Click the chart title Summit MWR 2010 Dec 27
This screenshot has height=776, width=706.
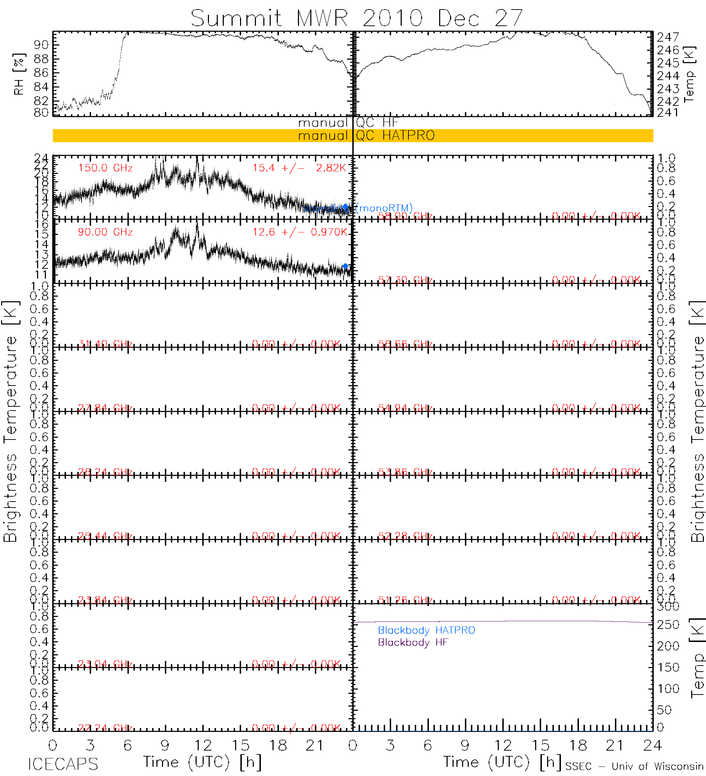click(x=357, y=18)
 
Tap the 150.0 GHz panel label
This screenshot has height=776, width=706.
click(x=105, y=168)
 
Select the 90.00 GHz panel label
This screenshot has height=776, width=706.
click(x=105, y=232)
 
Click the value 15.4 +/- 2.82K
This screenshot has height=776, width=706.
click(x=299, y=168)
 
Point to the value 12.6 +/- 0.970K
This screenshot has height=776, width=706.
click(x=300, y=232)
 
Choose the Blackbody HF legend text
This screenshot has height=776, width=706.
click(x=413, y=642)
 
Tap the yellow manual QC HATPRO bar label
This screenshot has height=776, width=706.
click(x=366, y=135)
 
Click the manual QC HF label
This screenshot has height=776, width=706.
click(x=348, y=123)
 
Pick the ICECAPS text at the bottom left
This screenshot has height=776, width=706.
click(x=63, y=764)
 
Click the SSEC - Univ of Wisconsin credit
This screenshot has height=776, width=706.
click(x=634, y=766)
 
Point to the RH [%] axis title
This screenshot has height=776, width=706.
click(x=18, y=74)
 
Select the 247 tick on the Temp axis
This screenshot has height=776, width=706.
click(x=668, y=37)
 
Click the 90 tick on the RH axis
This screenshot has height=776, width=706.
click(x=41, y=45)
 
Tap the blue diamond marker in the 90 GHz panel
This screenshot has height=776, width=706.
click(x=346, y=266)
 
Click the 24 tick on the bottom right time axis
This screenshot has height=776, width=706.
click(x=652, y=746)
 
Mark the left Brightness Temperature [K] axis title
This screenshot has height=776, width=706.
click(x=10, y=422)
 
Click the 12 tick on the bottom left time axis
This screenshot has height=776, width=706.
click(x=203, y=746)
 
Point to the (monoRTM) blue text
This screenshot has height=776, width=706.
click(x=384, y=208)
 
